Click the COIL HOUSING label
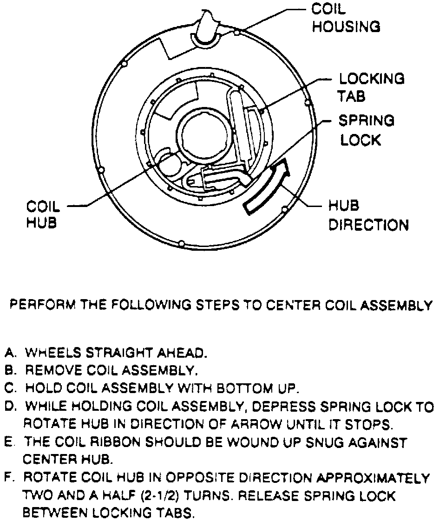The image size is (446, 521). pyautogui.click(x=346, y=19)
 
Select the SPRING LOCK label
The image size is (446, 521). pyautogui.click(x=366, y=130)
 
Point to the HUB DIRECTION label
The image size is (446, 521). pyautogui.click(x=368, y=215)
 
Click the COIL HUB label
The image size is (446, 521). pyautogui.click(x=43, y=214)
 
